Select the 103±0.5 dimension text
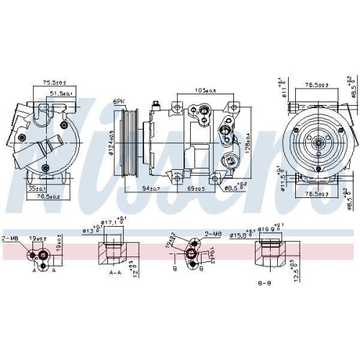(205, 90)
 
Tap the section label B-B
(264, 283)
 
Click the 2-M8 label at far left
(10, 238)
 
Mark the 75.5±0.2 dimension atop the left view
(53, 82)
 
